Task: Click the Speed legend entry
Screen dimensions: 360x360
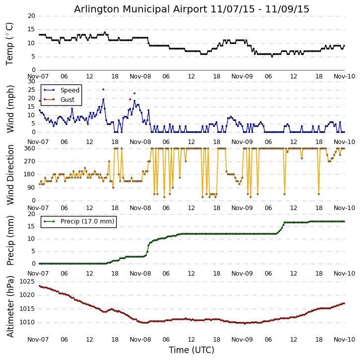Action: [70, 90]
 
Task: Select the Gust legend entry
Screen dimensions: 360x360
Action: [68, 99]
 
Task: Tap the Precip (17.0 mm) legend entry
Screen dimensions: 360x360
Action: [87, 221]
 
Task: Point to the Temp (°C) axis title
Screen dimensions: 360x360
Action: [10, 43]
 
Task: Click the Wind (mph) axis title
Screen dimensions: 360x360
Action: [10, 109]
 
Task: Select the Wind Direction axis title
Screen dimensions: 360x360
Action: [10, 174]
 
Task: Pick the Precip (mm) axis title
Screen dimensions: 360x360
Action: [10, 240]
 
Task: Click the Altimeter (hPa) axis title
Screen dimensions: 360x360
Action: [10, 306]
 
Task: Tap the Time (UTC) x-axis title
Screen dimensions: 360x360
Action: [192, 350]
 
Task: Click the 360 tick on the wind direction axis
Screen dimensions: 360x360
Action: [29, 148]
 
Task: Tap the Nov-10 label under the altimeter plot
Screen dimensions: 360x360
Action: [344, 340]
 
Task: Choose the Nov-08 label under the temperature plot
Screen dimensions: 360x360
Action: [141, 76]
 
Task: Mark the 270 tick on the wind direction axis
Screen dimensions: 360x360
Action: [29, 161]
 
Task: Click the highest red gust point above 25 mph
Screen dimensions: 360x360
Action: [103, 89]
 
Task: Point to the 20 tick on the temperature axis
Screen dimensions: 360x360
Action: [31, 16]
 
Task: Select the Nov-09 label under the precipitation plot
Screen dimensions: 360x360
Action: [242, 274]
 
